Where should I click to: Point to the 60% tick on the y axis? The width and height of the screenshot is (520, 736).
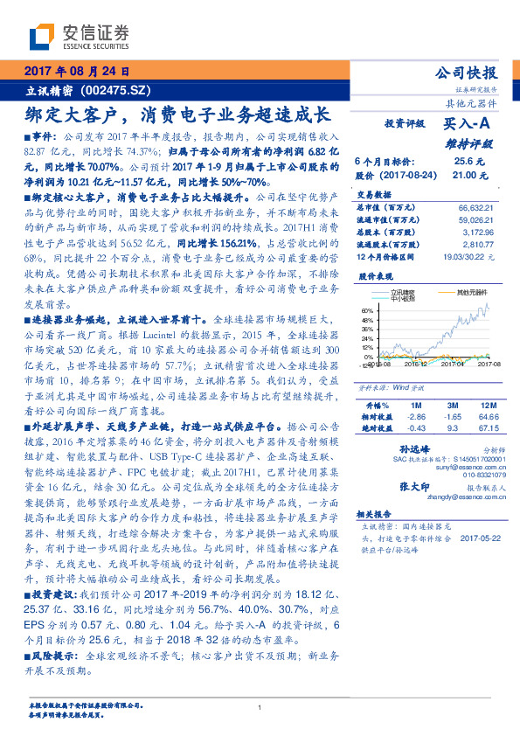click(366, 310)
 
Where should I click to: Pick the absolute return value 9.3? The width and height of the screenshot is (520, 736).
click(453, 427)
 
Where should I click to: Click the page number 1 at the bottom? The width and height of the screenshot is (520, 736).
click(260, 707)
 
